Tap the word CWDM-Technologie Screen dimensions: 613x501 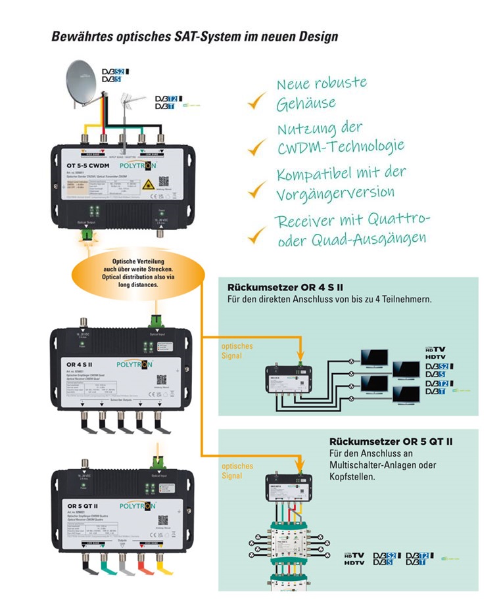point(340,145)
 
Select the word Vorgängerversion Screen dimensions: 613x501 point(335,193)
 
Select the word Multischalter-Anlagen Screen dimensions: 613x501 point(370,466)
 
